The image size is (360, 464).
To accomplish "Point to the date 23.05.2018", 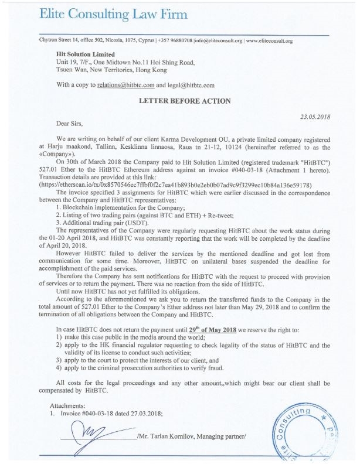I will click(x=315, y=117).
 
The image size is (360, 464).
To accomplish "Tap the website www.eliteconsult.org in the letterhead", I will click(x=269, y=41).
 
